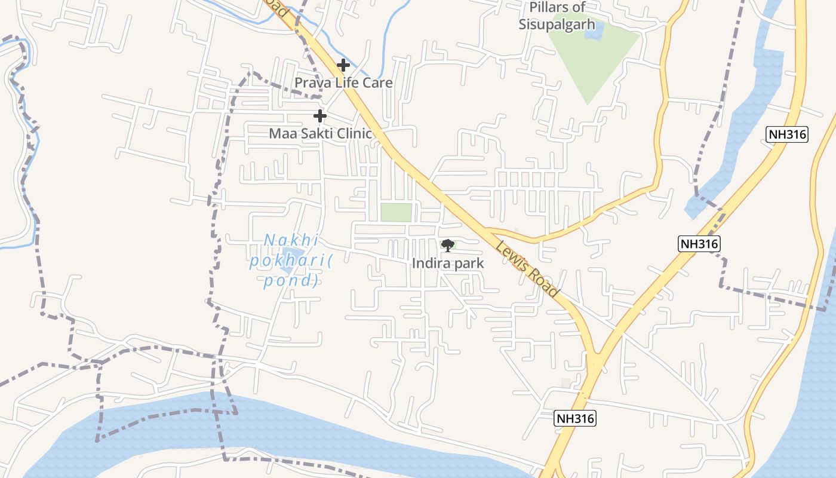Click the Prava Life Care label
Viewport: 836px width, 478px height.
pos(343,82)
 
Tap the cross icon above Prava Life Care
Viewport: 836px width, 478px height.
pos(343,65)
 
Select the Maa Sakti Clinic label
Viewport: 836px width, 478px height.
pos(320,133)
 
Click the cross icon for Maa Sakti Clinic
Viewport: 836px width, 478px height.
pos(320,115)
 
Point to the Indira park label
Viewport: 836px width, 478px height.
pos(447,263)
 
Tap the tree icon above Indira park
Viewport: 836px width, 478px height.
pos(447,245)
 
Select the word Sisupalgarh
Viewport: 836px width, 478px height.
pos(557,24)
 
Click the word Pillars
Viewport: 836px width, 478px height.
pos(549,8)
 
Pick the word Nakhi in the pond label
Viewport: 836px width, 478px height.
pos(291,241)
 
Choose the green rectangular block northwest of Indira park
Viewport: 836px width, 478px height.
pos(397,212)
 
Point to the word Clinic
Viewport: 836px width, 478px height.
pos(353,133)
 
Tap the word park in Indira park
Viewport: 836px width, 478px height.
pos(468,263)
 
